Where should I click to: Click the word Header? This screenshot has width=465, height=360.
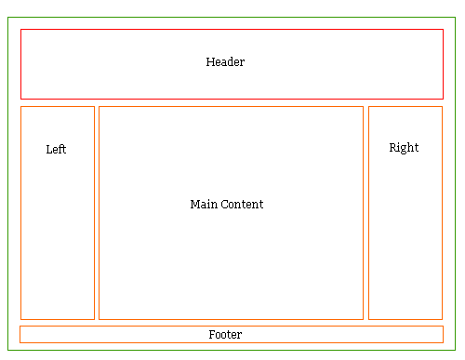tap(225, 62)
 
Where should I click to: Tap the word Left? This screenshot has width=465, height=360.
tap(56, 149)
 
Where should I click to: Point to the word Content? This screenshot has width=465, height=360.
tap(242, 204)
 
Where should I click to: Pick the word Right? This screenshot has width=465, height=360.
tap(404, 148)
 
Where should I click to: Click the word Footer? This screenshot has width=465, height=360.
tap(225, 334)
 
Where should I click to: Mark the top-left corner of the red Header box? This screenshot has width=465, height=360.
tap(20, 29)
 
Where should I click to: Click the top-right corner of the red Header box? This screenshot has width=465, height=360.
tap(443, 29)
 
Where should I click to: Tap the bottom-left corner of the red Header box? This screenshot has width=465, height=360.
tap(20, 99)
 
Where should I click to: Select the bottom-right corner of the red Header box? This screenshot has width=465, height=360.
tap(443, 99)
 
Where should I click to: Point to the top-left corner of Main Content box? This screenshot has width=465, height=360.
tap(99, 106)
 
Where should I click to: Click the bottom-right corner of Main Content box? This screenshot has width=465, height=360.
tap(363, 319)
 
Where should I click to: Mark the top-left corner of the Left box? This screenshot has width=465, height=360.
tap(20, 106)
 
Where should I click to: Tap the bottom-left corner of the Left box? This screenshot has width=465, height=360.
tap(20, 319)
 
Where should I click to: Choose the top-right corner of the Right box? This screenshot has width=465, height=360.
tap(443, 106)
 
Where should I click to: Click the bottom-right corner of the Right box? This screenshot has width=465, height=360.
tap(443, 319)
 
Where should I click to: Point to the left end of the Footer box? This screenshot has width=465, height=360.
tap(20, 334)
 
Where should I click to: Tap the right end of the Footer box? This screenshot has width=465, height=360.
tap(444, 334)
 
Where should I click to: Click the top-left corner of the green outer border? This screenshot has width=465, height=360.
tap(7, 17)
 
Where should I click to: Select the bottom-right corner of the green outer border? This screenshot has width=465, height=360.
tap(456, 351)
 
